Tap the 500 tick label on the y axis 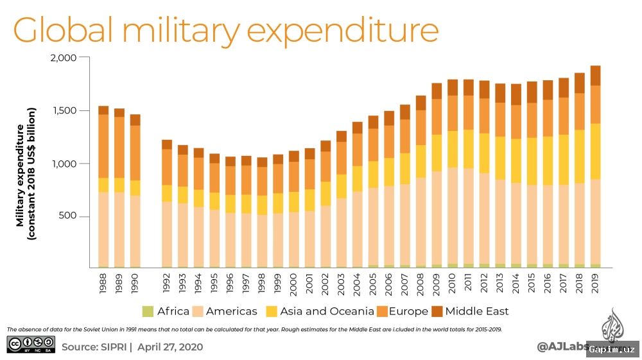68,216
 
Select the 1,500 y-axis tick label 64,110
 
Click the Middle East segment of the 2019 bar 595,76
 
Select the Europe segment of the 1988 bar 103,146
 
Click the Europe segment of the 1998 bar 262,181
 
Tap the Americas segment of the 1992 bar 167,234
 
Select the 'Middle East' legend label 477,312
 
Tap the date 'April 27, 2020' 170,347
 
